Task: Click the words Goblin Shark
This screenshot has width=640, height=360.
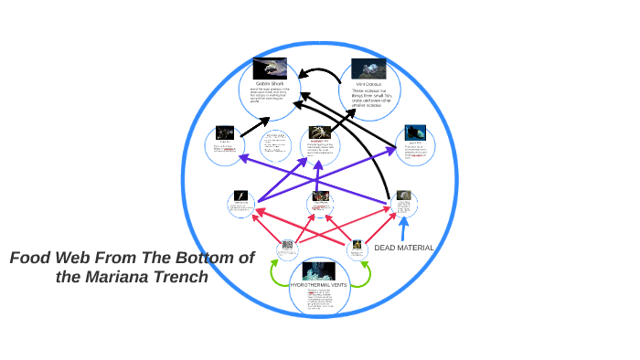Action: tap(272, 84)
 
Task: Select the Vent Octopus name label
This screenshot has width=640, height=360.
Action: tap(368, 84)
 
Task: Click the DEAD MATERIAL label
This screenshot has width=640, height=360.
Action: tap(404, 249)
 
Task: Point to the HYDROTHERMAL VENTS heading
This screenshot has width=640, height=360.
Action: tap(318, 285)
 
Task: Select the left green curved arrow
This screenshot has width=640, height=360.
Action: tap(275, 271)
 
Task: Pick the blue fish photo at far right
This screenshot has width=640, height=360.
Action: tap(417, 132)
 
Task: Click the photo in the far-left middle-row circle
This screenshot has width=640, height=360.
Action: tap(224, 133)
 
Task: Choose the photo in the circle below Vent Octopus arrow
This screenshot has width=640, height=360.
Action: tap(320, 133)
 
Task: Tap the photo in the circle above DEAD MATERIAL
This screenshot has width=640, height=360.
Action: tap(403, 196)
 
